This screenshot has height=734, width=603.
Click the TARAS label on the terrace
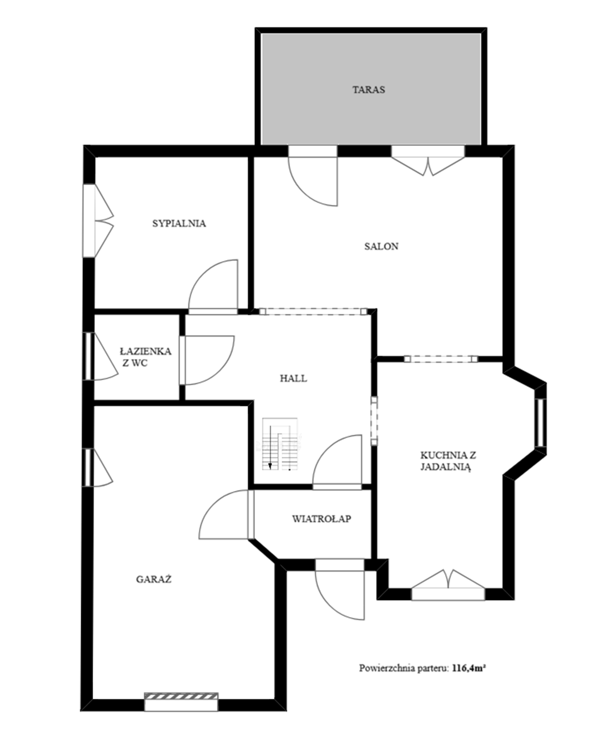368,90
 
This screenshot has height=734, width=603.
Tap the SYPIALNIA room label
179,224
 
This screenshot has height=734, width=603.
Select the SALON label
381,246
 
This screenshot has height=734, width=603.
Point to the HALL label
294,378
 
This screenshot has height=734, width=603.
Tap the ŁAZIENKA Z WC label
145,357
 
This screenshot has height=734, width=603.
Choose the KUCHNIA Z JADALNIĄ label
448,461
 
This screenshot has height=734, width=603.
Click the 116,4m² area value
469,668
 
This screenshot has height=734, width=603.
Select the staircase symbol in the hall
280,444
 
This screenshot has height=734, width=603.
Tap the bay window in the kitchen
541,423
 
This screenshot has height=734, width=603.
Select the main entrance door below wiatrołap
340,594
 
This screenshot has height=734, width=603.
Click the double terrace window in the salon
428,161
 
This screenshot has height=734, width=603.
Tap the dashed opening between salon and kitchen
441,359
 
